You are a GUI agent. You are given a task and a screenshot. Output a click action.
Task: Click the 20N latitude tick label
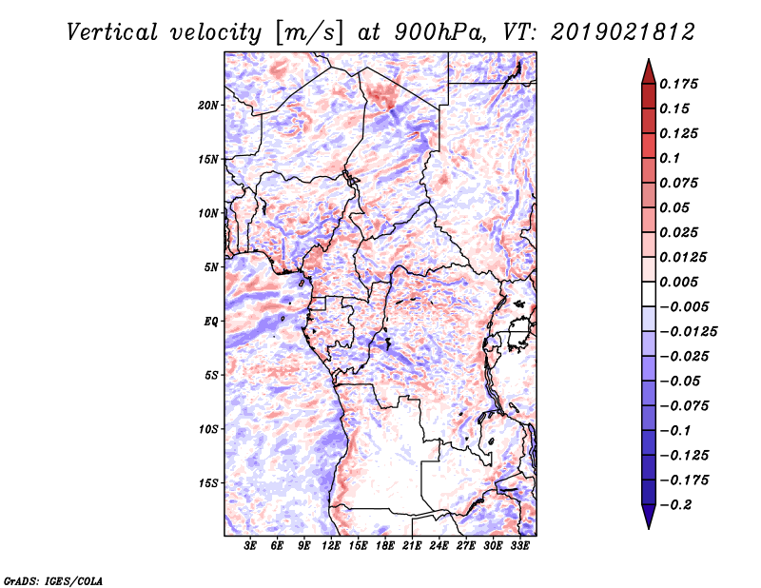click(x=208, y=106)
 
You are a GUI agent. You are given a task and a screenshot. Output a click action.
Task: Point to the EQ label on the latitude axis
click(x=211, y=322)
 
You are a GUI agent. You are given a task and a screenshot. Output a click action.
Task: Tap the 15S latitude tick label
click(x=208, y=483)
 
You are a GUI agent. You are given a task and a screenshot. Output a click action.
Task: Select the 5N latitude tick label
click(x=211, y=267)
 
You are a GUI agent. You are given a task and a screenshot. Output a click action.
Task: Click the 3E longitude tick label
click(x=250, y=546)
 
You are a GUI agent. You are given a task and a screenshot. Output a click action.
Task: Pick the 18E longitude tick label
click(x=385, y=546)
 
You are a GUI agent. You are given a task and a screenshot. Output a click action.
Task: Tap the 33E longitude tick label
click(x=519, y=546)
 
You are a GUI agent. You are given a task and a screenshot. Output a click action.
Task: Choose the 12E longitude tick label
click(x=331, y=546)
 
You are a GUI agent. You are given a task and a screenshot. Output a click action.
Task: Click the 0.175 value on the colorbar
click(x=678, y=84)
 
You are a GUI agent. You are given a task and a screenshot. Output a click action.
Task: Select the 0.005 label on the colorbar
click(x=678, y=282)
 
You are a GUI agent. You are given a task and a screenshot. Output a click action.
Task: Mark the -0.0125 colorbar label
click(x=689, y=332)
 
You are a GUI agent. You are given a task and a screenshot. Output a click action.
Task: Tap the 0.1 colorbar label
click(x=670, y=158)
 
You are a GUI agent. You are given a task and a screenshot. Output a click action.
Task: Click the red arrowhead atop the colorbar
click(x=649, y=71)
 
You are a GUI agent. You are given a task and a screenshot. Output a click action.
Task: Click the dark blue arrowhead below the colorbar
click(x=649, y=517)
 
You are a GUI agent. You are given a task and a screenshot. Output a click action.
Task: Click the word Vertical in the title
click(x=112, y=32)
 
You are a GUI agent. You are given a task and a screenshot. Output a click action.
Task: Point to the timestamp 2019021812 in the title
click(x=623, y=32)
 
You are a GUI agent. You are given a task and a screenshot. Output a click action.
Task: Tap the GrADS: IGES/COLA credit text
click(x=53, y=580)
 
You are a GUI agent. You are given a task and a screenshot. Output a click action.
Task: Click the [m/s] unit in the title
click(x=309, y=32)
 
